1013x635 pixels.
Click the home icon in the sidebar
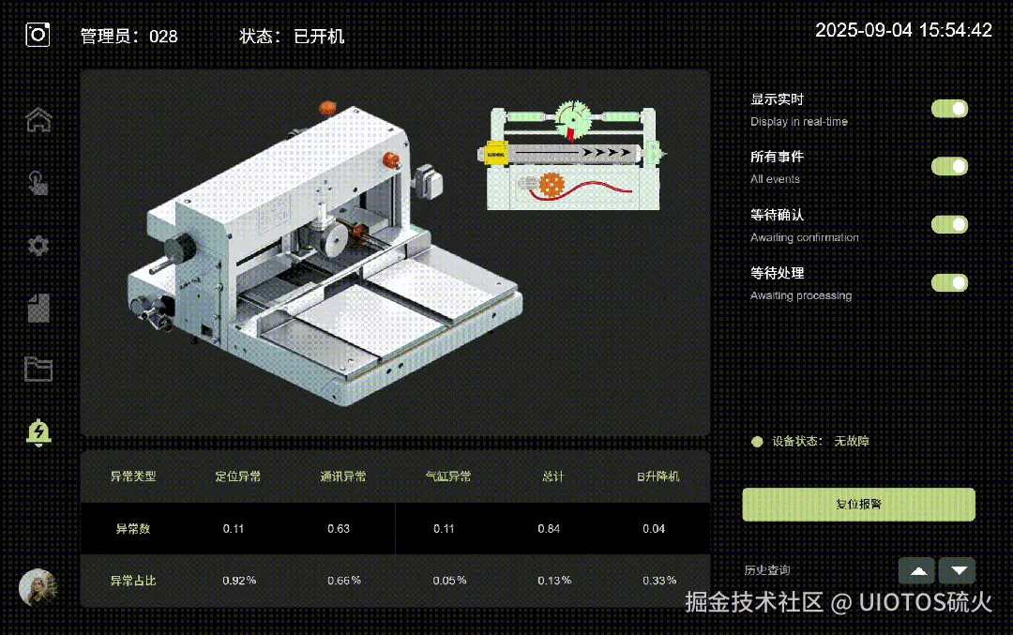point(38,120)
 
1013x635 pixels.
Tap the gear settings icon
point(38,246)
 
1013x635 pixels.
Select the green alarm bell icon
point(38,432)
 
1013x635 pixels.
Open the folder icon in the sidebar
point(38,369)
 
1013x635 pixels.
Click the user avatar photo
point(38,587)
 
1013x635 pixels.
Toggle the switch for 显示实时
point(949,109)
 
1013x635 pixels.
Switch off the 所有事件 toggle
point(949,167)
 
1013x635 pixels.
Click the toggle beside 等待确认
point(949,225)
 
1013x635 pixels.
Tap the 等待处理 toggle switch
point(949,283)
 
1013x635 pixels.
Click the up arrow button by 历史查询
point(916,570)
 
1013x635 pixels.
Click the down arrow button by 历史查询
point(958,570)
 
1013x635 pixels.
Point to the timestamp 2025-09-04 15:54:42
point(903,30)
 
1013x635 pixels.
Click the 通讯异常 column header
point(342,476)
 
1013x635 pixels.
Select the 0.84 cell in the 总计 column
point(549,529)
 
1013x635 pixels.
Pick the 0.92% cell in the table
point(239,581)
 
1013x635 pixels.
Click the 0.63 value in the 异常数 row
point(339,529)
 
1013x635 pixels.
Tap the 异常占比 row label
point(133,581)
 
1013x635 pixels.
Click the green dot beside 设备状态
point(757,442)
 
